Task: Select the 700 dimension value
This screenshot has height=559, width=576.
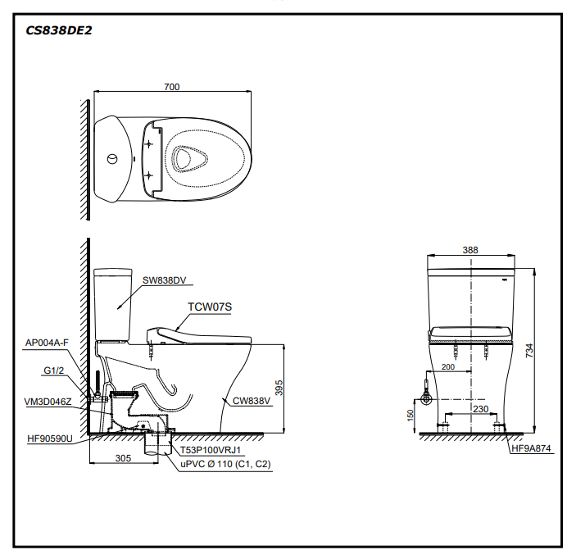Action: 171,87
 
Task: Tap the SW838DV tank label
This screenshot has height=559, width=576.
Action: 165,280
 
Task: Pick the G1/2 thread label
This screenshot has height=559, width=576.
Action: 54,370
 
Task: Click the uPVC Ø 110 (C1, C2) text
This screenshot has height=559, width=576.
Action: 226,464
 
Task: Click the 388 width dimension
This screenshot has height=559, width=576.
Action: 470,250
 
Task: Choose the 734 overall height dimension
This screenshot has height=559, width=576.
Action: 529,350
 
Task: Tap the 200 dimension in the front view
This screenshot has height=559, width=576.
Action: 447,366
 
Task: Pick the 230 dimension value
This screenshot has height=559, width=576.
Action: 482,409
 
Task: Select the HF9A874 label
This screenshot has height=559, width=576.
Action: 533,448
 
